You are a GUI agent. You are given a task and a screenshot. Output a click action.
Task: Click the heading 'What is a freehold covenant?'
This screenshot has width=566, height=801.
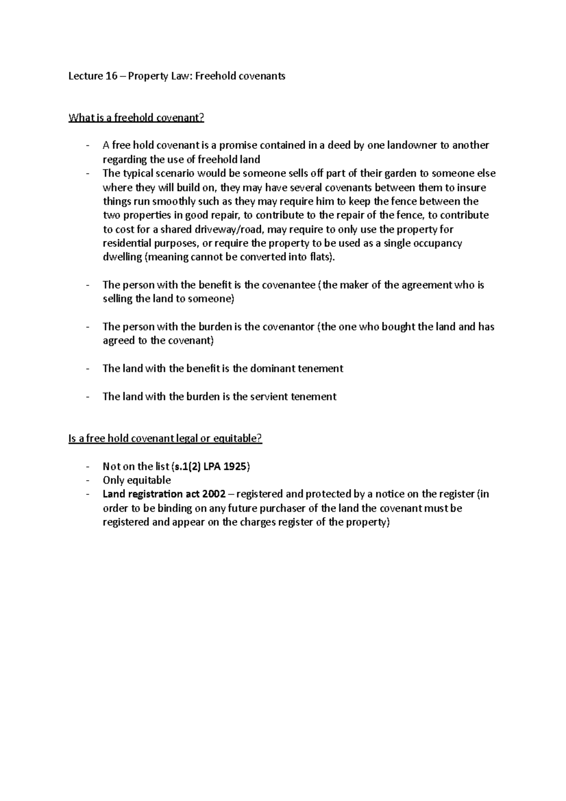pos(136,117)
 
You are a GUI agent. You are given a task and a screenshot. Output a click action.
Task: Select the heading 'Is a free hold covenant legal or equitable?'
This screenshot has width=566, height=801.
pos(165,438)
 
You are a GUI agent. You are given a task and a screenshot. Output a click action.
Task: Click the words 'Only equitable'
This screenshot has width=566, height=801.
pos(137,480)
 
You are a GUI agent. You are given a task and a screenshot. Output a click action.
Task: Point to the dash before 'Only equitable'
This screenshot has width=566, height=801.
pos(88,480)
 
